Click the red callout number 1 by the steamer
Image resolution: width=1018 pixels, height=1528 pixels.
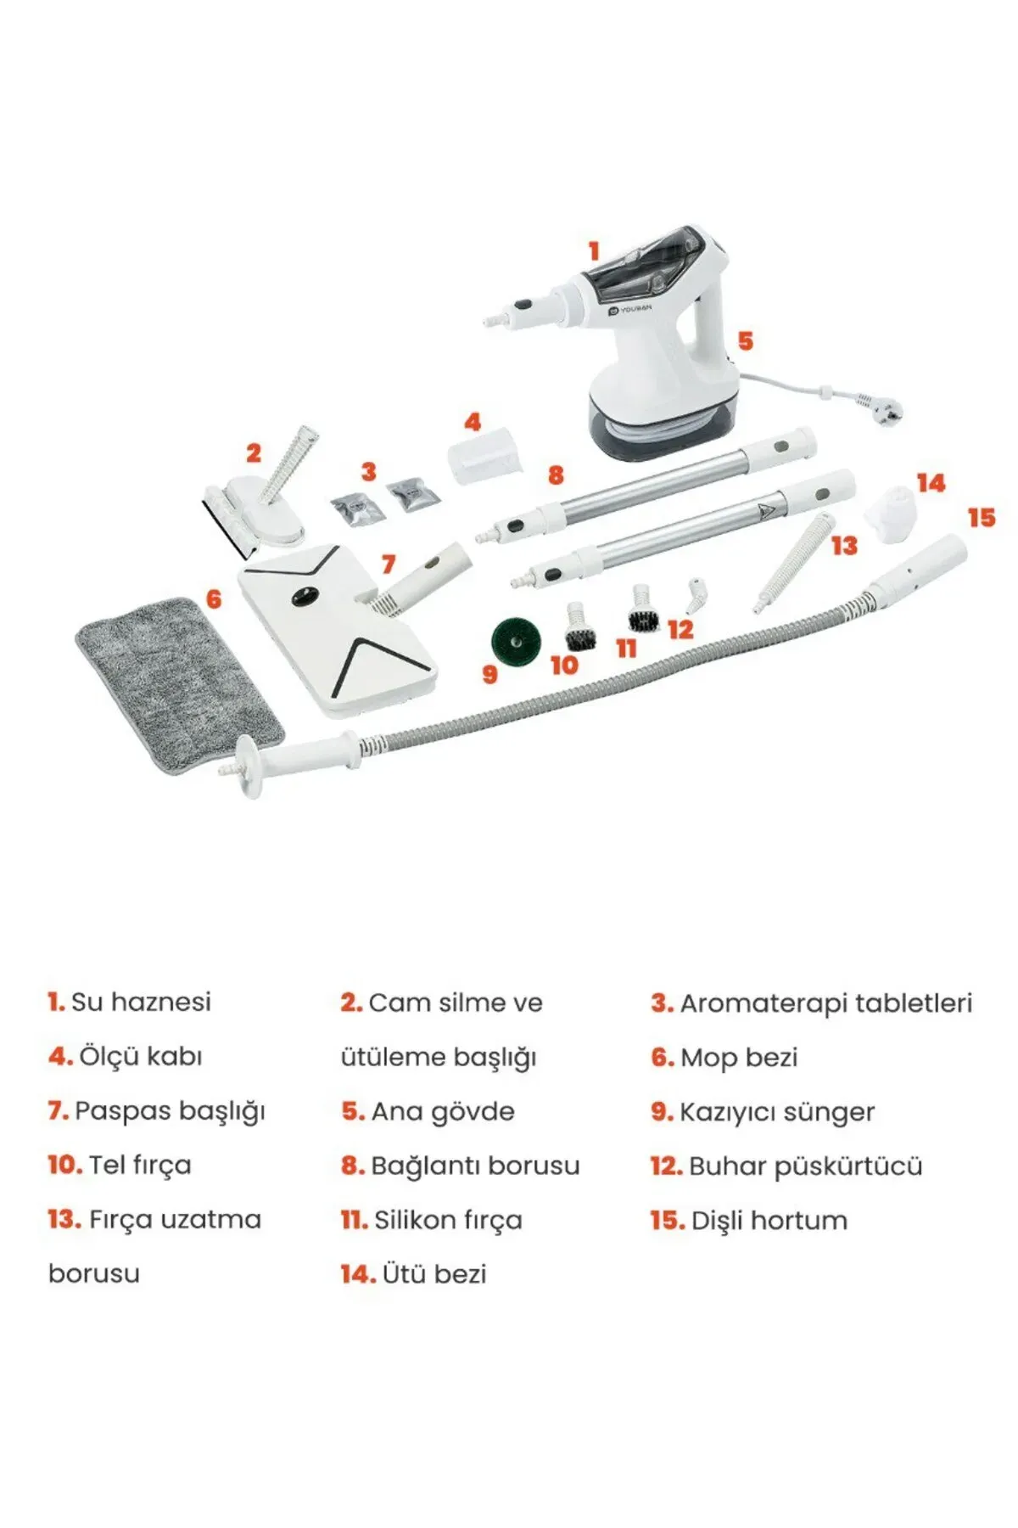(594, 251)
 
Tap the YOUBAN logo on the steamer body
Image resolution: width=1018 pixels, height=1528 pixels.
(630, 309)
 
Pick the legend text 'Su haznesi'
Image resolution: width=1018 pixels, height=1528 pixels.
(141, 1002)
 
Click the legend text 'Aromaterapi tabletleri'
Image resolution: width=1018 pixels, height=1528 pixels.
(825, 1003)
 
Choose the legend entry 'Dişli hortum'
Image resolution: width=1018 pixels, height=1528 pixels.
(769, 1221)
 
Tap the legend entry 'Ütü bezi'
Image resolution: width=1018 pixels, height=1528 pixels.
(434, 1274)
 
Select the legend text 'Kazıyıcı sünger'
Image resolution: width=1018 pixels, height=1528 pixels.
(777, 1112)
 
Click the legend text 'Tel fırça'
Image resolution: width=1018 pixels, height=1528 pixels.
(140, 1166)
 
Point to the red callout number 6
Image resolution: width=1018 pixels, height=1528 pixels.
(214, 599)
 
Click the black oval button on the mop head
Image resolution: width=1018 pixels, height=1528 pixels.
(304, 597)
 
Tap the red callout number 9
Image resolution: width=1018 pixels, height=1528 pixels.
(489, 674)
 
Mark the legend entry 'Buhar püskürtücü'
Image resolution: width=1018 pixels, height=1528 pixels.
(805, 1166)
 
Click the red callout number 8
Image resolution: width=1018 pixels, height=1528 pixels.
(556, 475)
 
